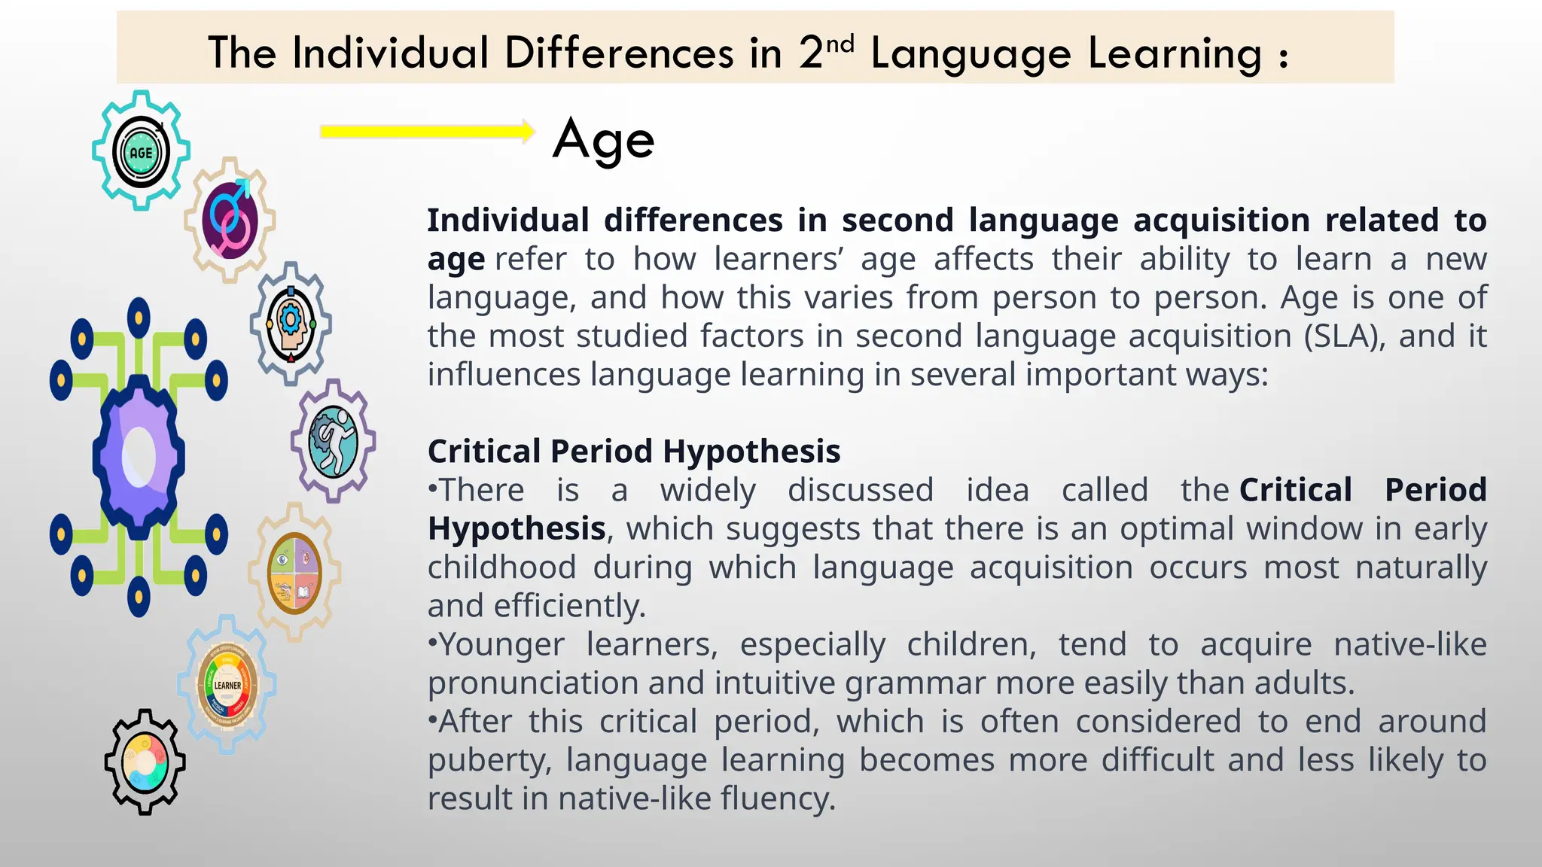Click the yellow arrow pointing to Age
coord(427,132)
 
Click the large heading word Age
coord(604,140)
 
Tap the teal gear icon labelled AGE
coord(141,151)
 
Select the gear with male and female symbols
coord(230,220)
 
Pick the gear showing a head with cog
coord(291,324)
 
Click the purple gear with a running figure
coord(334,441)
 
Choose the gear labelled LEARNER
coord(227,685)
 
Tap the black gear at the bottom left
coord(145,762)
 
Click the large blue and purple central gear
coord(139,457)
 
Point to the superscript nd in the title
coord(840,44)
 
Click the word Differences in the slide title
coord(619,53)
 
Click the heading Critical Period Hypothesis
coord(634,452)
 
